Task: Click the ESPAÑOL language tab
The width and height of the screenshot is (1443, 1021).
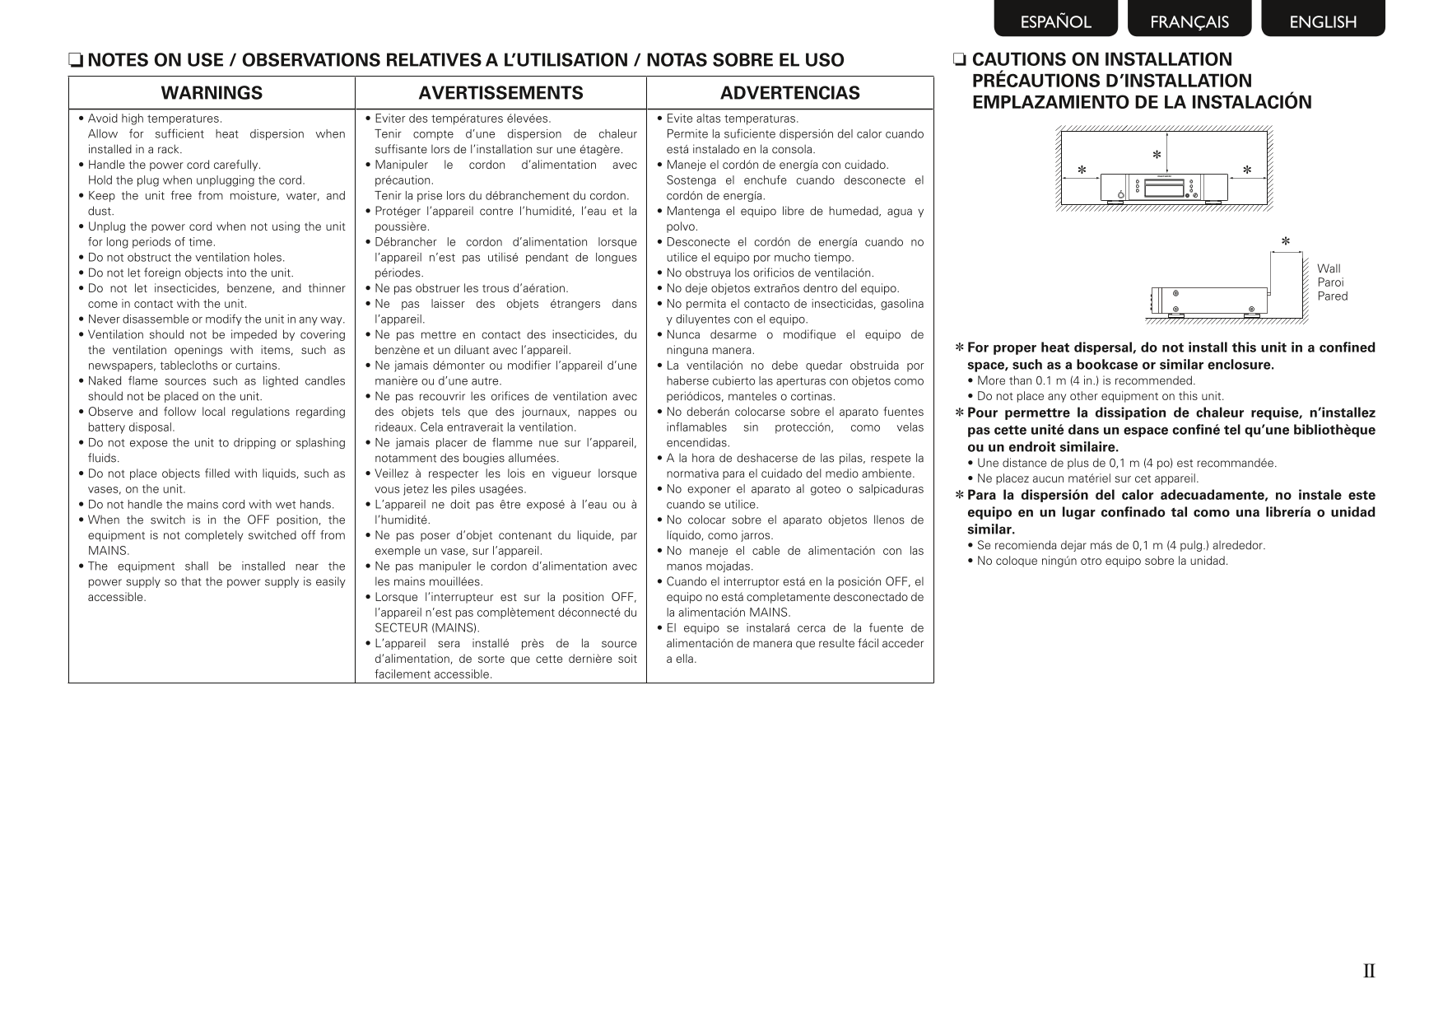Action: [1055, 21]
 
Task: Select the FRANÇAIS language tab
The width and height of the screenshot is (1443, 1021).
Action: [1189, 21]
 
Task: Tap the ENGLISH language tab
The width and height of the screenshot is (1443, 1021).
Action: [1323, 21]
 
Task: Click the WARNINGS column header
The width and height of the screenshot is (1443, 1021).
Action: [212, 93]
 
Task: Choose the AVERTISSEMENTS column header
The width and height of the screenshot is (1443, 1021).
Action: [500, 93]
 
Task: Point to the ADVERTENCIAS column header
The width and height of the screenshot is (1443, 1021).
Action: [789, 93]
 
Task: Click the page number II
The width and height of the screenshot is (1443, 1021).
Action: [1369, 972]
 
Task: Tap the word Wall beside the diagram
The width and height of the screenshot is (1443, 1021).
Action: [1329, 268]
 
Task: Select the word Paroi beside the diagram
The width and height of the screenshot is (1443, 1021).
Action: [1330, 282]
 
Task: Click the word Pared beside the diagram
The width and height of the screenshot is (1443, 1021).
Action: [1332, 296]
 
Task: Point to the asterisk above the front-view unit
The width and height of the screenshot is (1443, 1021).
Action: [1157, 155]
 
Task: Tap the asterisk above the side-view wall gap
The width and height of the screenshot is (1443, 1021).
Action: [1286, 242]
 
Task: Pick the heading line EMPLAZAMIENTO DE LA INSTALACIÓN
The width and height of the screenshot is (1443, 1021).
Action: [1142, 103]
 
